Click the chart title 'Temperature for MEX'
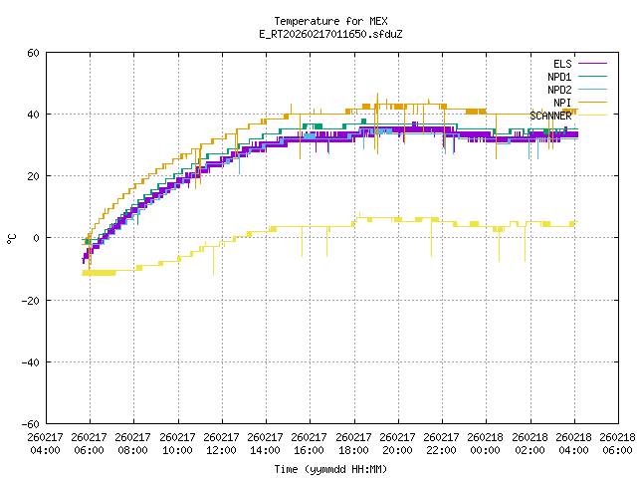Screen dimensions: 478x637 click(x=330, y=21)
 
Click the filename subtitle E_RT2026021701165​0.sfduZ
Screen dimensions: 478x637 click(x=330, y=34)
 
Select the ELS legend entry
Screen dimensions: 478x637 click(x=562, y=64)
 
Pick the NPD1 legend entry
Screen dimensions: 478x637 click(x=559, y=77)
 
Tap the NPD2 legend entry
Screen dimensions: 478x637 click(x=559, y=90)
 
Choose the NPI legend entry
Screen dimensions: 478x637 click(x=562, y=103)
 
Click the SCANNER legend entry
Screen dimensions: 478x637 click(x=550, y=116)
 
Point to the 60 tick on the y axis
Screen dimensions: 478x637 click(x=33, y=53)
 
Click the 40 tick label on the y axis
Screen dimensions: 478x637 click(x=33, y=115)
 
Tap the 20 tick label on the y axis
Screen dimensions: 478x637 click(x=33, y=176)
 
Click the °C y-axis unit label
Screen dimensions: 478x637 click(x=11, y=238)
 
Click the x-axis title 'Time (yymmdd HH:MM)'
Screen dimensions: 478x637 click(x=330, y=469)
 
